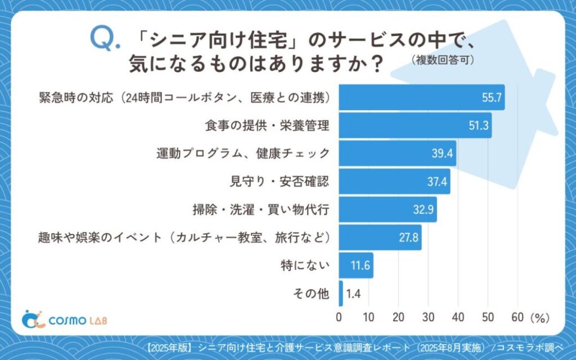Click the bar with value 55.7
point(422,97)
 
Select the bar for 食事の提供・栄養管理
point(415,125)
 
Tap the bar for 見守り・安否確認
point(394,181)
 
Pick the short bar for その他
point(341,293)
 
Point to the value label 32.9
point(422,209)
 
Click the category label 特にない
point(305,265)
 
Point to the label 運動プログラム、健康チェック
point(242,154)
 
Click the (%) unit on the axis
point(539,318)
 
